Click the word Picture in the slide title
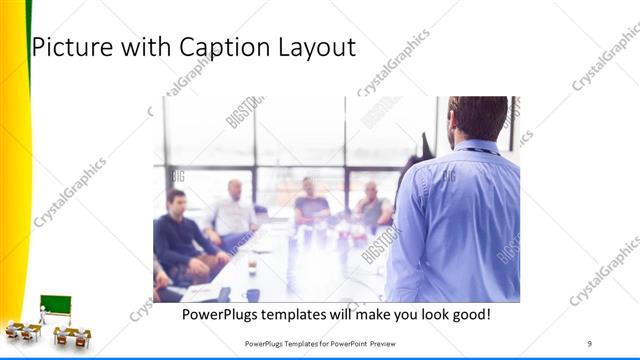[70, 46]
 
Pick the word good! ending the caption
[469, 314]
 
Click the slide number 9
[589, 344]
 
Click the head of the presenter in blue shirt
[477, 117]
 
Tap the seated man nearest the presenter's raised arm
[373, 205]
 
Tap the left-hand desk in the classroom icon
[19, 330]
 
